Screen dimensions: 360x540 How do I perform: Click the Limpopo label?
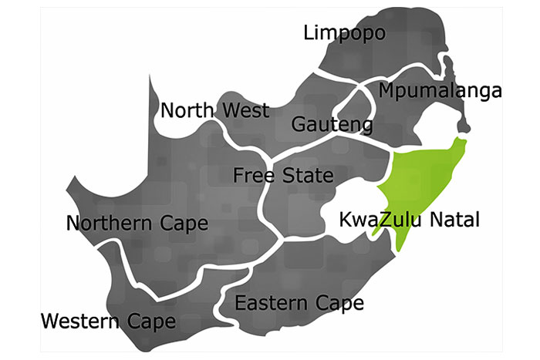[x=344, y=33]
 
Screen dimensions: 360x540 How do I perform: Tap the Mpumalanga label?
[x=440, y=91]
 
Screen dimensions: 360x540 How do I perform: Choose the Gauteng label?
[x=332, y=124]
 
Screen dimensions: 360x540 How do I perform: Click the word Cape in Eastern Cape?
[x=338, y=303]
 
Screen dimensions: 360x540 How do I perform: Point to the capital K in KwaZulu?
[x=346, y=220]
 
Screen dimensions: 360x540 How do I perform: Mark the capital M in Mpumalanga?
[x=388, y=91]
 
